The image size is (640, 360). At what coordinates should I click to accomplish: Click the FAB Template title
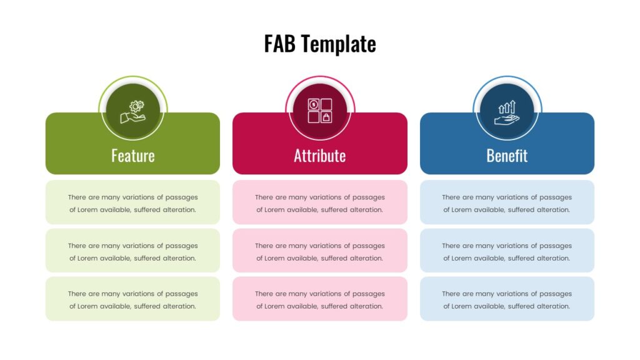[x=320, y=44]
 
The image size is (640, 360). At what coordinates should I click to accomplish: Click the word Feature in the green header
[x=133, y=156]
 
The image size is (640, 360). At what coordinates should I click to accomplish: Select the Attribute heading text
[x=320, y=156]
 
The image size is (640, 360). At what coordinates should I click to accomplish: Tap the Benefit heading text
[x=507, y=156]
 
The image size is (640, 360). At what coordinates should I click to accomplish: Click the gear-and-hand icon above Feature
[x=133, y=111]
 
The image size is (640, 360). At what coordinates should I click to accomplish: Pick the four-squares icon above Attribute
[x=320, y=111]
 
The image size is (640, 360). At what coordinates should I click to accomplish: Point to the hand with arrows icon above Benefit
[x=507, y=112]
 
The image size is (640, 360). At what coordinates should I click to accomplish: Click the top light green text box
[x=132, y=202]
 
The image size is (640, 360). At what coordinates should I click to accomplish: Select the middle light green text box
[x=132, y=251]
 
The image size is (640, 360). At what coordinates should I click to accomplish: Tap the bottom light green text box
[x=132, y=299]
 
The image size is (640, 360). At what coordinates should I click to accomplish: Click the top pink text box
[x=320, y=202]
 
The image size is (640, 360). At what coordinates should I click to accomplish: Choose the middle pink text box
[x=320, y=251]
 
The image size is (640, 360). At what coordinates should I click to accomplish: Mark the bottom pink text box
[x=320, y=299]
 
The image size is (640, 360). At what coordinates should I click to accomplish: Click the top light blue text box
[x=507, y=202]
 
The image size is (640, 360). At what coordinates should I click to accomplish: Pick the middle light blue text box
[x=507, y=251]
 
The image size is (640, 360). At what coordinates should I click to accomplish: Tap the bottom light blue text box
[x=507, y=299]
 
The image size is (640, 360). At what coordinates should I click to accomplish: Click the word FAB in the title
[x=279, y=44]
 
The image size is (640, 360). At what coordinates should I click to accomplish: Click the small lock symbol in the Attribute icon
[x=326, y=117]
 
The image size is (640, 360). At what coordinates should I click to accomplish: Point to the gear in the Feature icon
[x=136, y=106]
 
